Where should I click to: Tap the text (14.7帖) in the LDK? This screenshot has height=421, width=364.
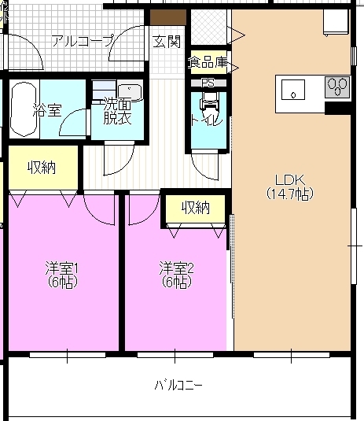point(289,193)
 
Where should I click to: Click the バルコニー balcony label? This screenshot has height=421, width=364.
point(178,386)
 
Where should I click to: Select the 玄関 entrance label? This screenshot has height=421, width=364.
point(167,41)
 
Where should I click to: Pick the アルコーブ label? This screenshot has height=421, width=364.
point(83,41)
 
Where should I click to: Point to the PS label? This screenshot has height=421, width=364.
point(208,83)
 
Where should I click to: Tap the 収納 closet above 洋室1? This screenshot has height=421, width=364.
point(42,167)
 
